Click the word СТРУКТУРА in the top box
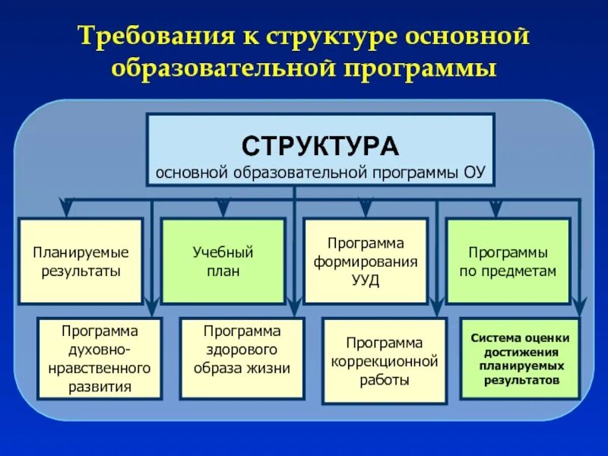tap(320, 145)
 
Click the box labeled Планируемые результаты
tap(81, 261)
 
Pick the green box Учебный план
tap(223, 261)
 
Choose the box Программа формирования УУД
tap(366, 261)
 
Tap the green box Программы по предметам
tap(508, 261)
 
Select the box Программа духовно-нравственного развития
tap(100, 359)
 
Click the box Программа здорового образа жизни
tap(242, 359)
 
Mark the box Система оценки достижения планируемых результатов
tap(520, 359)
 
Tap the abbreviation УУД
tap(366, 279)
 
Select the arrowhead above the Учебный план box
tap(223, 207)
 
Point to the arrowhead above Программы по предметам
tap(496, 207)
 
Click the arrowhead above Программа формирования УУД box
tap(366, 207)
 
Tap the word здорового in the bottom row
tap(242, 350)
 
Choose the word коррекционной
tap(385, 360)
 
